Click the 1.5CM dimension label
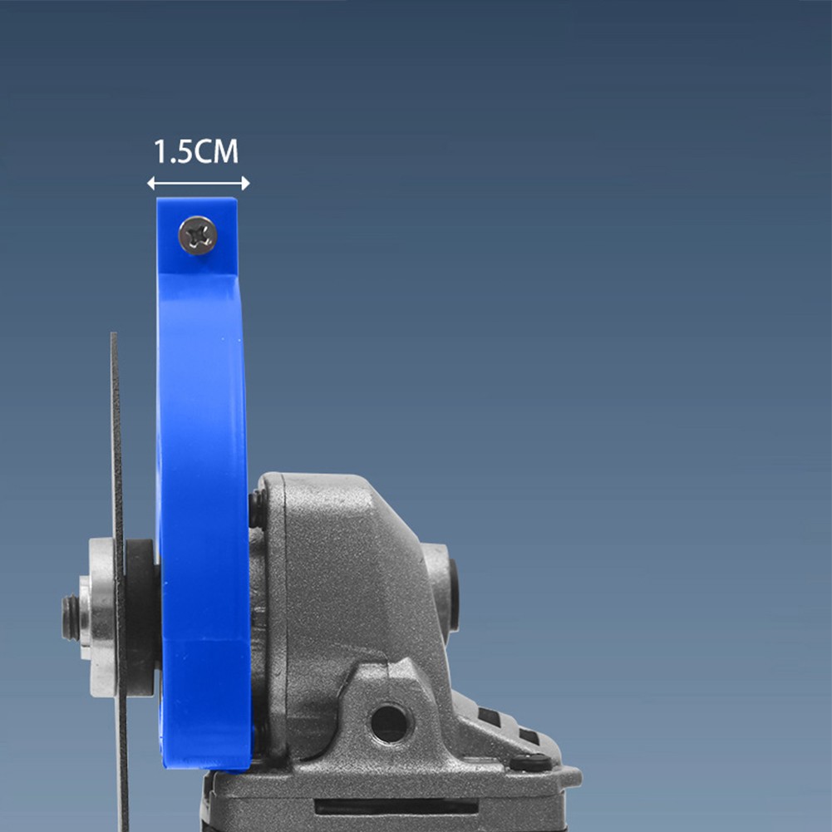196,152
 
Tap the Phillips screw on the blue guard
198,235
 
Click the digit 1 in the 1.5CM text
160,152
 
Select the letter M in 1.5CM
226,152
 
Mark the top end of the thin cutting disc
114,337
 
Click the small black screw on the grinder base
529,761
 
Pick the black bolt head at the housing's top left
258,509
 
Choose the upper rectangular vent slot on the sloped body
490,716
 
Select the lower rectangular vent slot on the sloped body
528,736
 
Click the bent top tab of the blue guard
198,237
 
